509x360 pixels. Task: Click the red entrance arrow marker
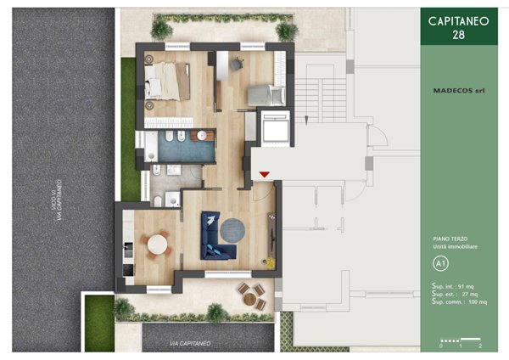(x=265, y=174)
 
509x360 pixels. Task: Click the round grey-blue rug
(x=232, y=229)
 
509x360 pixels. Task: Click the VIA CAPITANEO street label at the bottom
(x=191, y=342)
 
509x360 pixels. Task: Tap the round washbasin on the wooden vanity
(x=203, y=134)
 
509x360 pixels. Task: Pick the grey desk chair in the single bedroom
(x=237, y=62)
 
